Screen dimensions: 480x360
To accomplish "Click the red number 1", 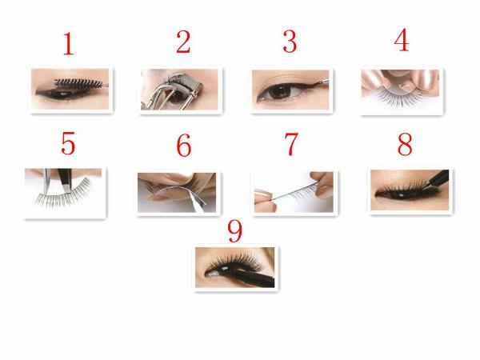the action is (69, 44).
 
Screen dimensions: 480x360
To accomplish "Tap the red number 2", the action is (183, 42).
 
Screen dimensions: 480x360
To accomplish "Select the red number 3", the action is (290, 42).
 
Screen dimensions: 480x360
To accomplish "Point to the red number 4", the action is (402, 40).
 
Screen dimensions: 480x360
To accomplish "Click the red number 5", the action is (68, 143).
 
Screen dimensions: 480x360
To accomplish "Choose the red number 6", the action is (184, 145).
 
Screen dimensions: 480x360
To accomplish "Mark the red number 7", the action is (291, 144).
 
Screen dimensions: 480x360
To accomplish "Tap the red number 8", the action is (405, 144).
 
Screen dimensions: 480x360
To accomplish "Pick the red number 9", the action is (234, 231).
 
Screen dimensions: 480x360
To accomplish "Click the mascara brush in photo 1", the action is (81, 82).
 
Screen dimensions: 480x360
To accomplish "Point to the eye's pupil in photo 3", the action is (281, 91).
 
